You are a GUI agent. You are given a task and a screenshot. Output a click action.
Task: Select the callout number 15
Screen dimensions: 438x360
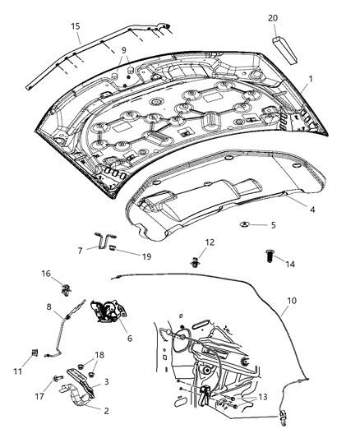(x=75, y=27)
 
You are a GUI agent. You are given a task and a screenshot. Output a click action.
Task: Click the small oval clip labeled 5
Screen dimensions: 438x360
(x=247, y=224)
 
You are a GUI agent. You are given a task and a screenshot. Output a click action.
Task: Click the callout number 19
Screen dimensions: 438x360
(x=146, y=256)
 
